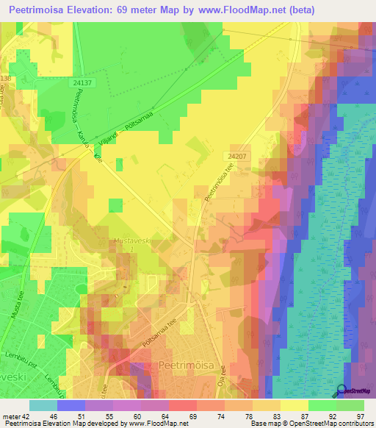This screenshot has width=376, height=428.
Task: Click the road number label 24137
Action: [x=83, y=84]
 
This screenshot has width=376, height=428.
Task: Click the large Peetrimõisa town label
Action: [x=187, y=365]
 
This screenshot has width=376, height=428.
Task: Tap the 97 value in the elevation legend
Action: [x=359, y=415]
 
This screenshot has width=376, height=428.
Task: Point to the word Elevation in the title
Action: [x=101, y=10]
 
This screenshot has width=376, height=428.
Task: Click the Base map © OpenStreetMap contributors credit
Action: [x=311, y=424]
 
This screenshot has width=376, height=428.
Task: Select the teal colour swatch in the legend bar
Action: [x=43, y=405]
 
